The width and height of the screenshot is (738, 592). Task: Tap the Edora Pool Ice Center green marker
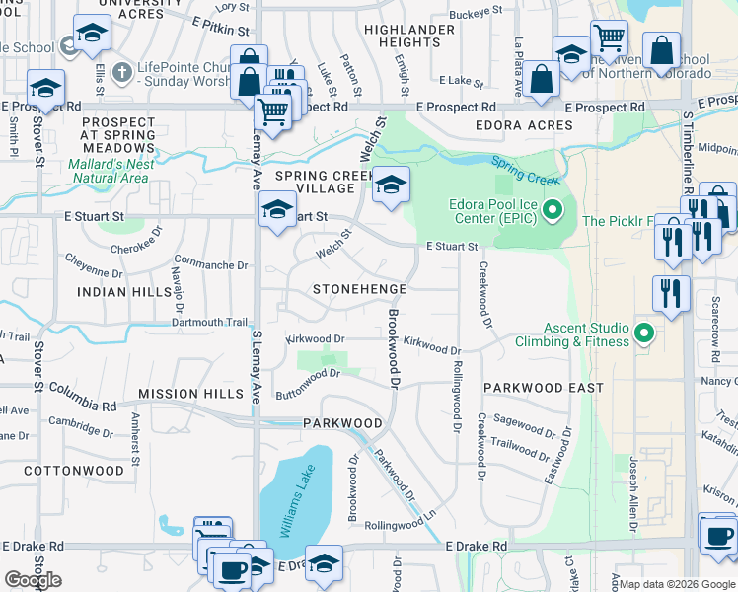tap(553, 209)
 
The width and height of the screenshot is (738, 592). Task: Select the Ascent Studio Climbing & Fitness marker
tap(645, 333)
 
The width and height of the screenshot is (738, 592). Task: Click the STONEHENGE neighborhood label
tap(359, 289)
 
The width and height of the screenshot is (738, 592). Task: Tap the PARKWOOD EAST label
tap(543, 388)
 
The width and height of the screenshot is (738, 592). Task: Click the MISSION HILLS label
tap(190, 394)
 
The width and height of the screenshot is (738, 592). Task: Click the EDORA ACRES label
tap(524, 126)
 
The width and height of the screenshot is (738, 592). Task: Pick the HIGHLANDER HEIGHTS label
tap(409, 37)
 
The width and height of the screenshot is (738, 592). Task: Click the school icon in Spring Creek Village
tap(391, 185)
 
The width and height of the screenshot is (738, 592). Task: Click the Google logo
tap(33, 580)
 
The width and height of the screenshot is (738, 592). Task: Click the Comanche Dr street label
tap(212, 265)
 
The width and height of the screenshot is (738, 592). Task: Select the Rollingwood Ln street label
tap(400, 523)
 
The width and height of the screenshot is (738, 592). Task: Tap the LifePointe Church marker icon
tap(121, 72)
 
